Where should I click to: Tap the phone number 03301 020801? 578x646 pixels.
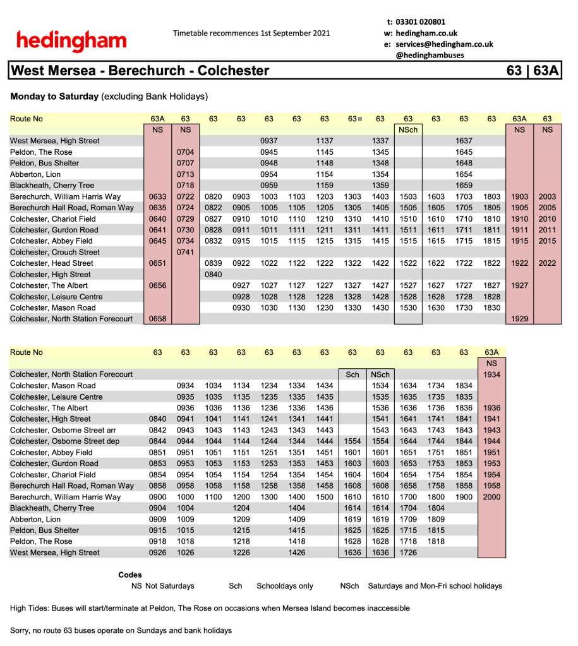[421, 21]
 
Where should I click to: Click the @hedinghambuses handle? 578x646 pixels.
[430, 55]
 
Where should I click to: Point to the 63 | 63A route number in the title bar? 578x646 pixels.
[533, 71]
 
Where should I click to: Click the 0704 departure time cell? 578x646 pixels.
[185, 152]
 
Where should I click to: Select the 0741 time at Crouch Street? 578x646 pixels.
[185, 252]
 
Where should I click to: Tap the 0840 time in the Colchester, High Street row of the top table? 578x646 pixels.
[214, 275]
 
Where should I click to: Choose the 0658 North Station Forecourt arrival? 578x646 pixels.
[157, 319]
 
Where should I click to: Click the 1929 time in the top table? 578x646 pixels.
[519, 319]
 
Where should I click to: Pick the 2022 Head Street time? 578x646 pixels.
[547, 263]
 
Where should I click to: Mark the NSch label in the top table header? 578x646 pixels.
[408, 129]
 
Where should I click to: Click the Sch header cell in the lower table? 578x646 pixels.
[352, 374]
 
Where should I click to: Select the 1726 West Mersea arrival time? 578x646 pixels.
[408, 553]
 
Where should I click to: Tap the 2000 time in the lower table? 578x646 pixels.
[491, 497]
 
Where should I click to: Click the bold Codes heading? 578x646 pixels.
[130, 575]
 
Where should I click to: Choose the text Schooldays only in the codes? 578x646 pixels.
[284, 586]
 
